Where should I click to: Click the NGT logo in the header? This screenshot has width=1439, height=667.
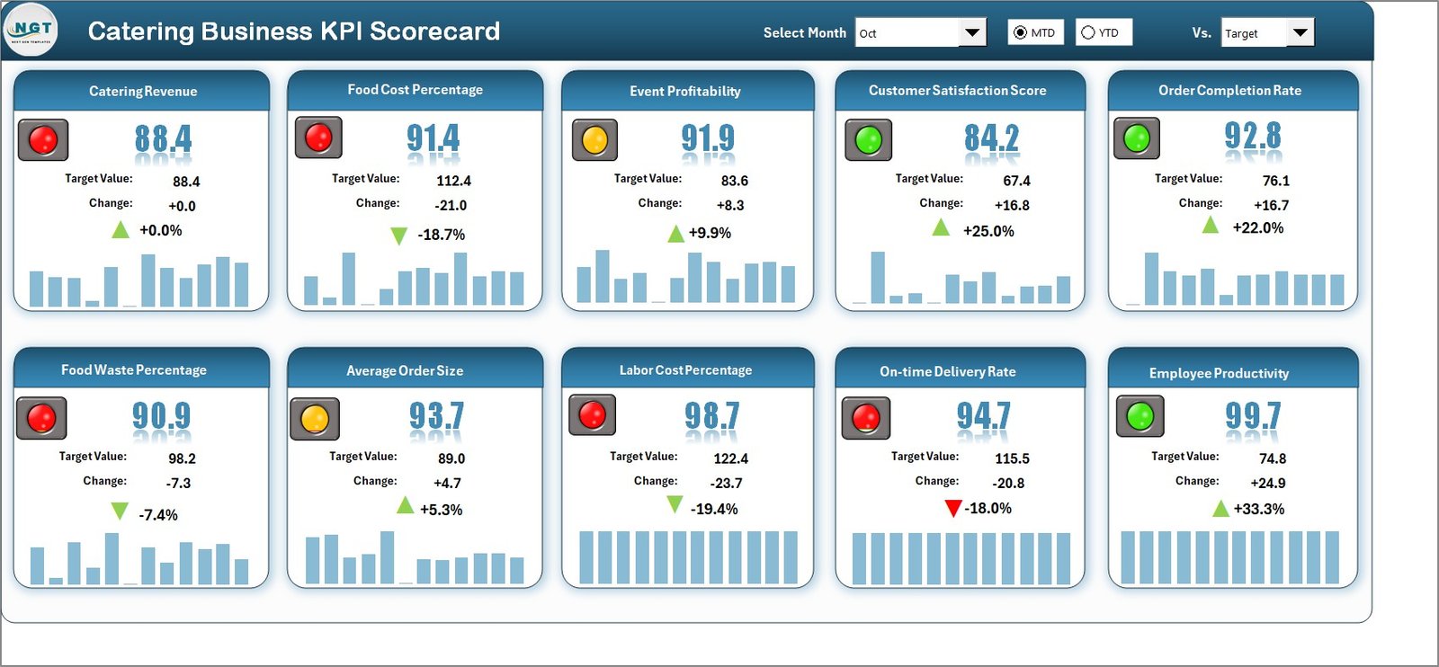pos(31,30)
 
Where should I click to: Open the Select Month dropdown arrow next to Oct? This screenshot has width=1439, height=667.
pos(972,33)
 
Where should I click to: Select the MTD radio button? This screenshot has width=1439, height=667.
pos(1020,32)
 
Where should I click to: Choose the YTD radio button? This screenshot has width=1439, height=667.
pos(1088,32)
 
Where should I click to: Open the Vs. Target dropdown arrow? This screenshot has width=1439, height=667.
pos(1300,33)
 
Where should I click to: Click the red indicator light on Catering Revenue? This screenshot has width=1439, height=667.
pos(43,139)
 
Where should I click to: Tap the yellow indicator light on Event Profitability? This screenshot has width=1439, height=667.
pos(594,140)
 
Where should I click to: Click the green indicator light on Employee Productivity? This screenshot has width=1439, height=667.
pos(1140,416)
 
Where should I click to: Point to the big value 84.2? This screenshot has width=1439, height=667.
pos(991,138)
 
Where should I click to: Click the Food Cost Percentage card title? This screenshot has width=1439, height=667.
pos(415,90)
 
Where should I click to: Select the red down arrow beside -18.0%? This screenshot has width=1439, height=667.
pos(953,509)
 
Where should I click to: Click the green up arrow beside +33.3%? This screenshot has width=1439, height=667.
pos(1220,509)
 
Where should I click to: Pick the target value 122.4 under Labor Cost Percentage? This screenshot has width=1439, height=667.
pos(730,458)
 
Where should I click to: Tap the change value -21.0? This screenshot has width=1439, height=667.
pos(451,205)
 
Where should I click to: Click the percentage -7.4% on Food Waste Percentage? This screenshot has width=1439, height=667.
pos(158,515)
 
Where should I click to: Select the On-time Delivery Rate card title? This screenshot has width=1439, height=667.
pos(947,371)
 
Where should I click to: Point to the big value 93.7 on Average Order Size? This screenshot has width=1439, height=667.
pos(436,415)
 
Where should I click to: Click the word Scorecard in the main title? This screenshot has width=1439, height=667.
pos(434,31)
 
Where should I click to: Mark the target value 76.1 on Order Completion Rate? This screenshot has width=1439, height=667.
pos(1275,181)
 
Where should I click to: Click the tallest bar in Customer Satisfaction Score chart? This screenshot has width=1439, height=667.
pos(877,277)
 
